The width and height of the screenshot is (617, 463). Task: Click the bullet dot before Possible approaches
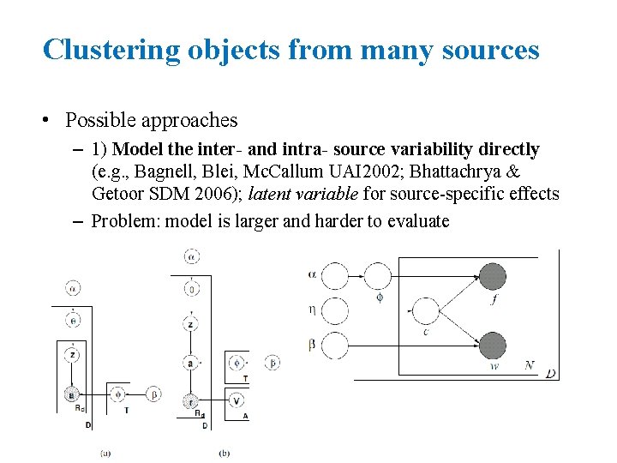pyautogui.click(x=50, y=121)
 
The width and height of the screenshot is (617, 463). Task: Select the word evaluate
pyautogui.click(x=418, y=220)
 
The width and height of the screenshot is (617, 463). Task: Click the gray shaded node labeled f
pyautogui.click(x=492, y=276)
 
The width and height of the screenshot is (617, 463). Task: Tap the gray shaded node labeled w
pyautogui.click(x=492, y=346)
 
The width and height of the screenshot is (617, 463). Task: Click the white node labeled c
pyautogui.click(x=425, y=310)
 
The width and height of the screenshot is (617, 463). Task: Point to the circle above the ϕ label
pyautogui.click(x=379, y=276)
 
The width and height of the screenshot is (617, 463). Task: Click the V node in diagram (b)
pyautogui.click(x=237, y=400)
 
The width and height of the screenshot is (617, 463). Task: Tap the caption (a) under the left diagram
pyautogui.click(x=105, y=453)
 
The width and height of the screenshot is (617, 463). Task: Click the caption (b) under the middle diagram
pyautogui.click(x=225, y=453)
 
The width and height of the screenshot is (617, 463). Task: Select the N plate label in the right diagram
pyautogui.click(x=530, y=366)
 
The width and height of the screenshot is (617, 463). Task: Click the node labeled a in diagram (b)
pyautogui.click(x=190, y=363)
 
